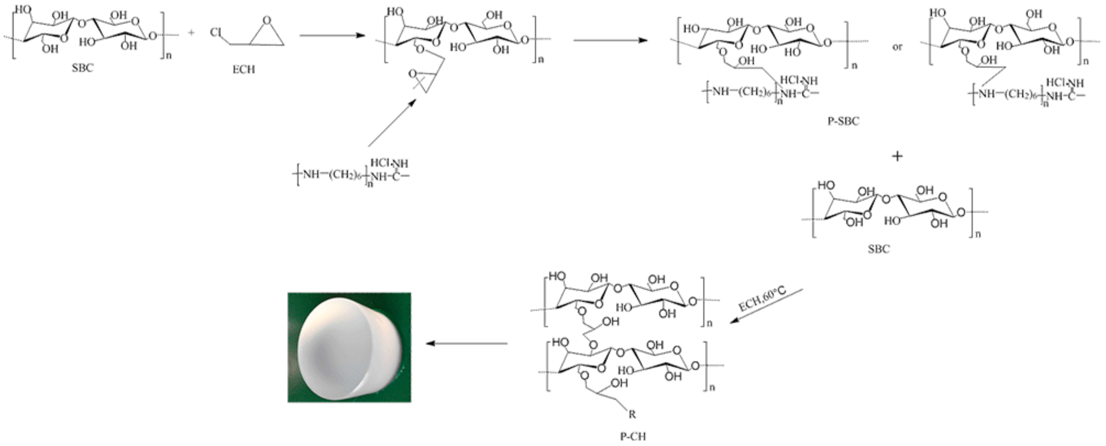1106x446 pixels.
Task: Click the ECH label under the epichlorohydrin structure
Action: [x=243, y=69]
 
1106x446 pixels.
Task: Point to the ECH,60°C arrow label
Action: [x=762, y=299]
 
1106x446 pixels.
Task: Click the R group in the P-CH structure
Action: [x=632, y=414]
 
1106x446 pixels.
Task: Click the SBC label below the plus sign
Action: [x=879, y=249]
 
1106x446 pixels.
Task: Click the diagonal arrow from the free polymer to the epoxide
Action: [x=392, y=123]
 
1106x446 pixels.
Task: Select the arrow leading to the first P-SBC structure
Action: [x=610, y=40]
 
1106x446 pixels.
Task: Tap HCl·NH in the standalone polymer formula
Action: [x=389, y=163]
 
